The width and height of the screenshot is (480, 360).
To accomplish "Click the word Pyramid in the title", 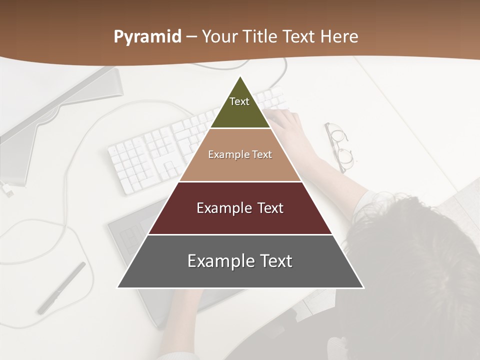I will point(147,37).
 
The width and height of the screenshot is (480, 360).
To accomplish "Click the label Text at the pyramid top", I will point(239,101).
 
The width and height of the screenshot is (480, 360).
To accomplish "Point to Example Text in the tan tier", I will point(240,154).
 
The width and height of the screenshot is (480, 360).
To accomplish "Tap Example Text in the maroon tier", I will point(240,208).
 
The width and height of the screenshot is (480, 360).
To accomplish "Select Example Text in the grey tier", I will point(240,261).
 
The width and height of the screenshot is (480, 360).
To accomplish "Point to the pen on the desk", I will point(61,288).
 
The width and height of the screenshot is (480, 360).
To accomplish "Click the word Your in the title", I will point(220,37).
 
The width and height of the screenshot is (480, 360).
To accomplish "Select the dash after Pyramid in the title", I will point(191,37).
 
